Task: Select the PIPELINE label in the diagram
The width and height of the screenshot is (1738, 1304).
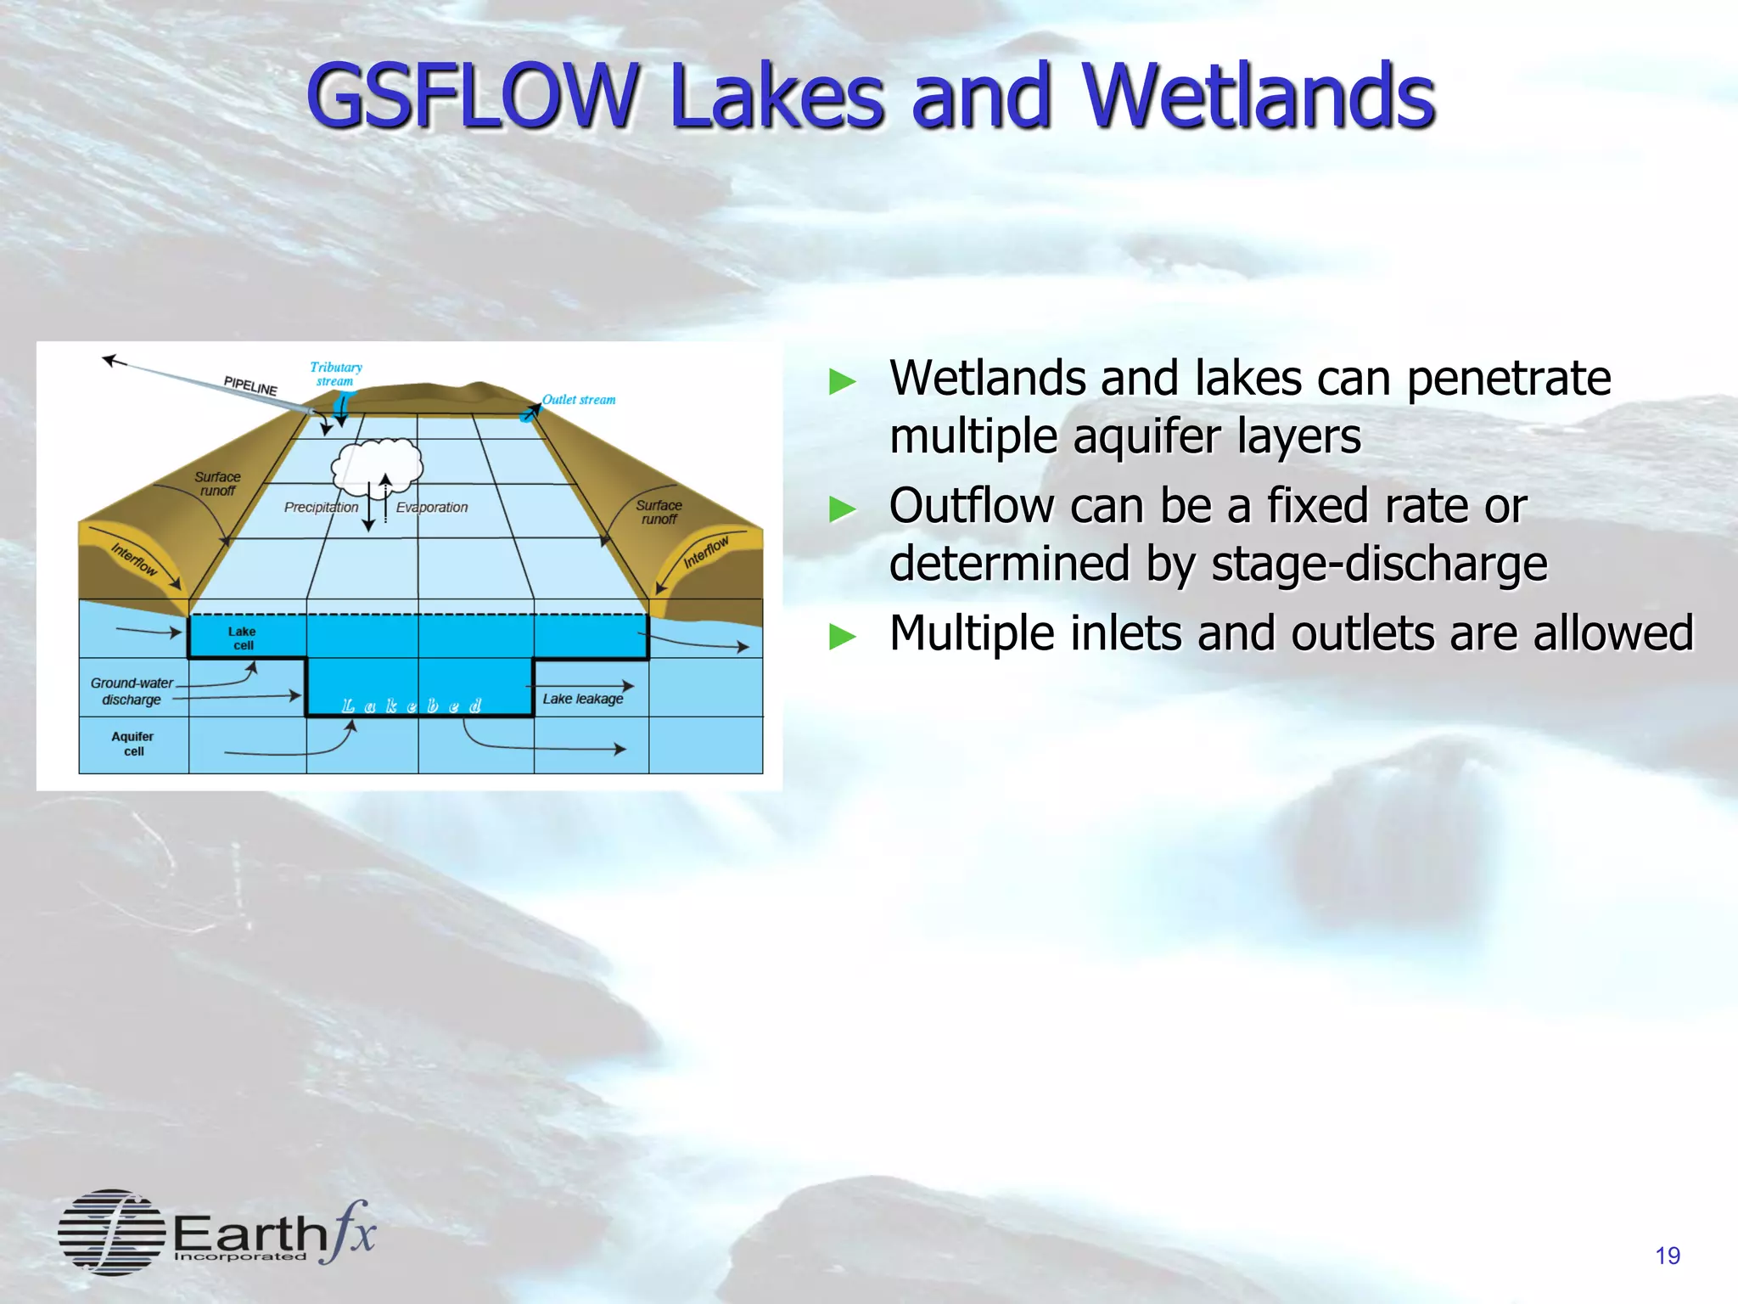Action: point(250,385)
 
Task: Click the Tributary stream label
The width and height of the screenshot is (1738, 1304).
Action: point(335,374)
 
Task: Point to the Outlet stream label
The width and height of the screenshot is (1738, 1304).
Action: point(579,399)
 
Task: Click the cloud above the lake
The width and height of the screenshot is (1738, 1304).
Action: point(378,465)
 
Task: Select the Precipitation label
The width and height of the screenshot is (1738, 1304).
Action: point(321,507)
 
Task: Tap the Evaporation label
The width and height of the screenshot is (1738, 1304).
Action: point(432,507)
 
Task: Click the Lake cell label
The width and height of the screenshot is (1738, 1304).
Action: point(242,638)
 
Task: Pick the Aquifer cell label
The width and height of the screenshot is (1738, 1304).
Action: point(132,744)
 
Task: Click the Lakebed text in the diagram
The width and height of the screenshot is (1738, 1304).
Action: point(412,705)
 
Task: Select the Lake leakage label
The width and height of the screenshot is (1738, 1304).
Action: point(583,699)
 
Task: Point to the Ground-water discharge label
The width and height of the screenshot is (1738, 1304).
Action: point(132,691)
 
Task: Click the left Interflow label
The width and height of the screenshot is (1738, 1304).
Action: point(134,559)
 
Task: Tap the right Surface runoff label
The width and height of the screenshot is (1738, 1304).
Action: point(659,512)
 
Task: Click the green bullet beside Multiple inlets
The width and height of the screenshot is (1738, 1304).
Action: point(842,635)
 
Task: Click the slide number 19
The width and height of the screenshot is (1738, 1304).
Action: point(1667,1256)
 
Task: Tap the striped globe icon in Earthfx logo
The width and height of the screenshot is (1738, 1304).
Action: point(111,1232)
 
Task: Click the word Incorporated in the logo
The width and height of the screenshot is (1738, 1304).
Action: point(240,1256)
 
